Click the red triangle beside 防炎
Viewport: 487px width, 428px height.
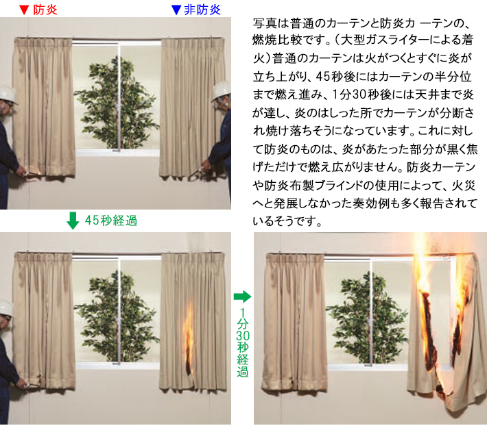pyautogui.click(x=24, y=10)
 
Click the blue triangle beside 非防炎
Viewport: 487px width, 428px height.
pyautogui.click(x=176, y=10)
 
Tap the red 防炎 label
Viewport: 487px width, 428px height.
pyautogui.click(x=45, y=10)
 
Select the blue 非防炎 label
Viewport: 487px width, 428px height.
pyautogui.click(x=202, y=10)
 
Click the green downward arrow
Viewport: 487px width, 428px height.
pyautogui.click(x=73, y=221)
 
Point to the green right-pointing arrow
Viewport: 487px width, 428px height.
pyautogui.click(x=242, y=297)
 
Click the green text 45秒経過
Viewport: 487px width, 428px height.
pyautogui.click(x=111, y=221)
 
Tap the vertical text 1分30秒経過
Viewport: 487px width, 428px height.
pyautogui.click(x=243, y=342)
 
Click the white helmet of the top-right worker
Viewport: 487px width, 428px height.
pyautogui.click(x=222, y=90)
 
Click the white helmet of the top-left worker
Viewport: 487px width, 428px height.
pyautogui.click(x=8, y=95)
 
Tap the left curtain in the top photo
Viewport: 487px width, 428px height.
pyautogui.click(x=44, y=108)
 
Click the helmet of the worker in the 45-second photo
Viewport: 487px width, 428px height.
pyautogui.click(x=6, y=308)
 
